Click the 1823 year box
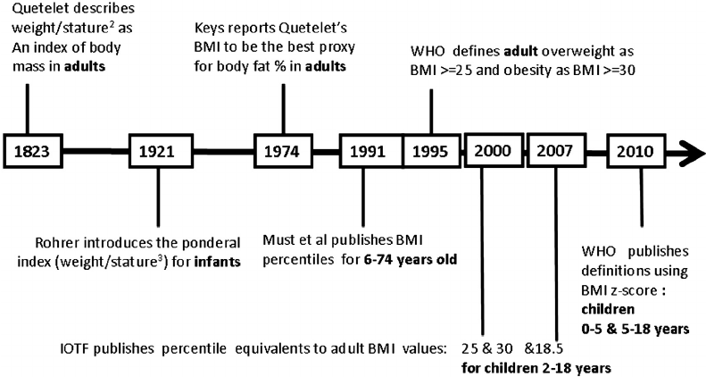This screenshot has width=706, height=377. tap(31, 151)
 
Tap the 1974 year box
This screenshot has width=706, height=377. tap(282, 151)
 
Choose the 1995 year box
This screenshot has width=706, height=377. tap(431, 151)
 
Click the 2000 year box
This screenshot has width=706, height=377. tap(494, 150)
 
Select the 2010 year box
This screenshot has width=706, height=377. tap(635, 151)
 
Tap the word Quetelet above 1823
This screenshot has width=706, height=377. tap(35, 8)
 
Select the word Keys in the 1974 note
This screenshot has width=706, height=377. tap(208, 29)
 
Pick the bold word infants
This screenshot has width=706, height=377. tap(217, 262)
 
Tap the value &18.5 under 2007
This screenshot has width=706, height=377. tap(544, 348)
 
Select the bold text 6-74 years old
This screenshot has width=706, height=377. tap(411, 260)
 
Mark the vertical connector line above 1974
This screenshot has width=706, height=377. tap(283, 109)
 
